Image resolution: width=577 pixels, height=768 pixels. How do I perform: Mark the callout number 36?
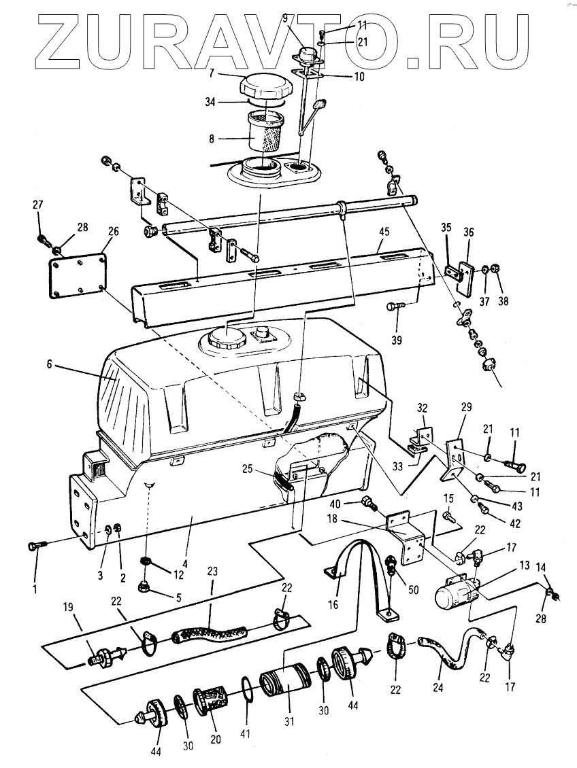pyautogui.click(x=469, y=232)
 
